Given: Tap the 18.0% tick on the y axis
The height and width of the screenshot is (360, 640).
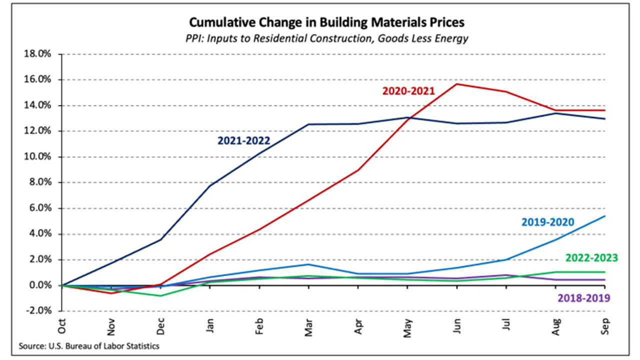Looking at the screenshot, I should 37,54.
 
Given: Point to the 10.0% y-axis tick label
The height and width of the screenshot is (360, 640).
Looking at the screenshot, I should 37,156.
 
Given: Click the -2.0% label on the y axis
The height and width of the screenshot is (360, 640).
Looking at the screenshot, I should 37,310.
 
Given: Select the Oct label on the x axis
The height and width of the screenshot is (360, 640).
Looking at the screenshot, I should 62,327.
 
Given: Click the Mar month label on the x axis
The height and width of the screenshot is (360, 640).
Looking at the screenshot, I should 309,327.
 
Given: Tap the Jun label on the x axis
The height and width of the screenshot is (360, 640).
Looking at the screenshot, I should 457,327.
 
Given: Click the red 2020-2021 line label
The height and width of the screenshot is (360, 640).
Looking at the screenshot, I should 409,91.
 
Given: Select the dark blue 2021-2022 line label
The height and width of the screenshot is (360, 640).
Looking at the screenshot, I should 243,141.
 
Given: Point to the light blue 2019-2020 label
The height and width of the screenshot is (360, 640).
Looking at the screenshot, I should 548,221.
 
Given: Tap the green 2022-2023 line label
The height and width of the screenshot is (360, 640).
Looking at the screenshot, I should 591,258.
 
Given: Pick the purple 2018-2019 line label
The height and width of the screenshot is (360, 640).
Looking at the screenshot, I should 583,298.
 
